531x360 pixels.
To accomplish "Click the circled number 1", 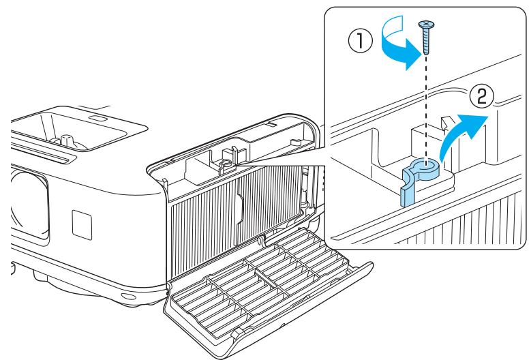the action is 360,41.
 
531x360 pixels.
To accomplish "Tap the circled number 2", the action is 481,96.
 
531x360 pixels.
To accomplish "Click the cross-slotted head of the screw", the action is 426,25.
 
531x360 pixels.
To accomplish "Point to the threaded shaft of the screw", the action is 426,42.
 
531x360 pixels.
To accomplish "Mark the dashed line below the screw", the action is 426,108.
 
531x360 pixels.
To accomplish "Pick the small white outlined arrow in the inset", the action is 447,123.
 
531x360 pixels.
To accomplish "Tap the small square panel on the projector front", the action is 82,225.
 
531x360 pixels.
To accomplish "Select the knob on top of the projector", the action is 66,141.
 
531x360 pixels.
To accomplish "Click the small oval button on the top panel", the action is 98,119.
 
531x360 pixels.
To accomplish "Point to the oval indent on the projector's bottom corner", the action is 128,297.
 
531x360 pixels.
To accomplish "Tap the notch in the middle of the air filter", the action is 240,207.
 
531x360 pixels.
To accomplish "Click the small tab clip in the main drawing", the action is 225,164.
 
